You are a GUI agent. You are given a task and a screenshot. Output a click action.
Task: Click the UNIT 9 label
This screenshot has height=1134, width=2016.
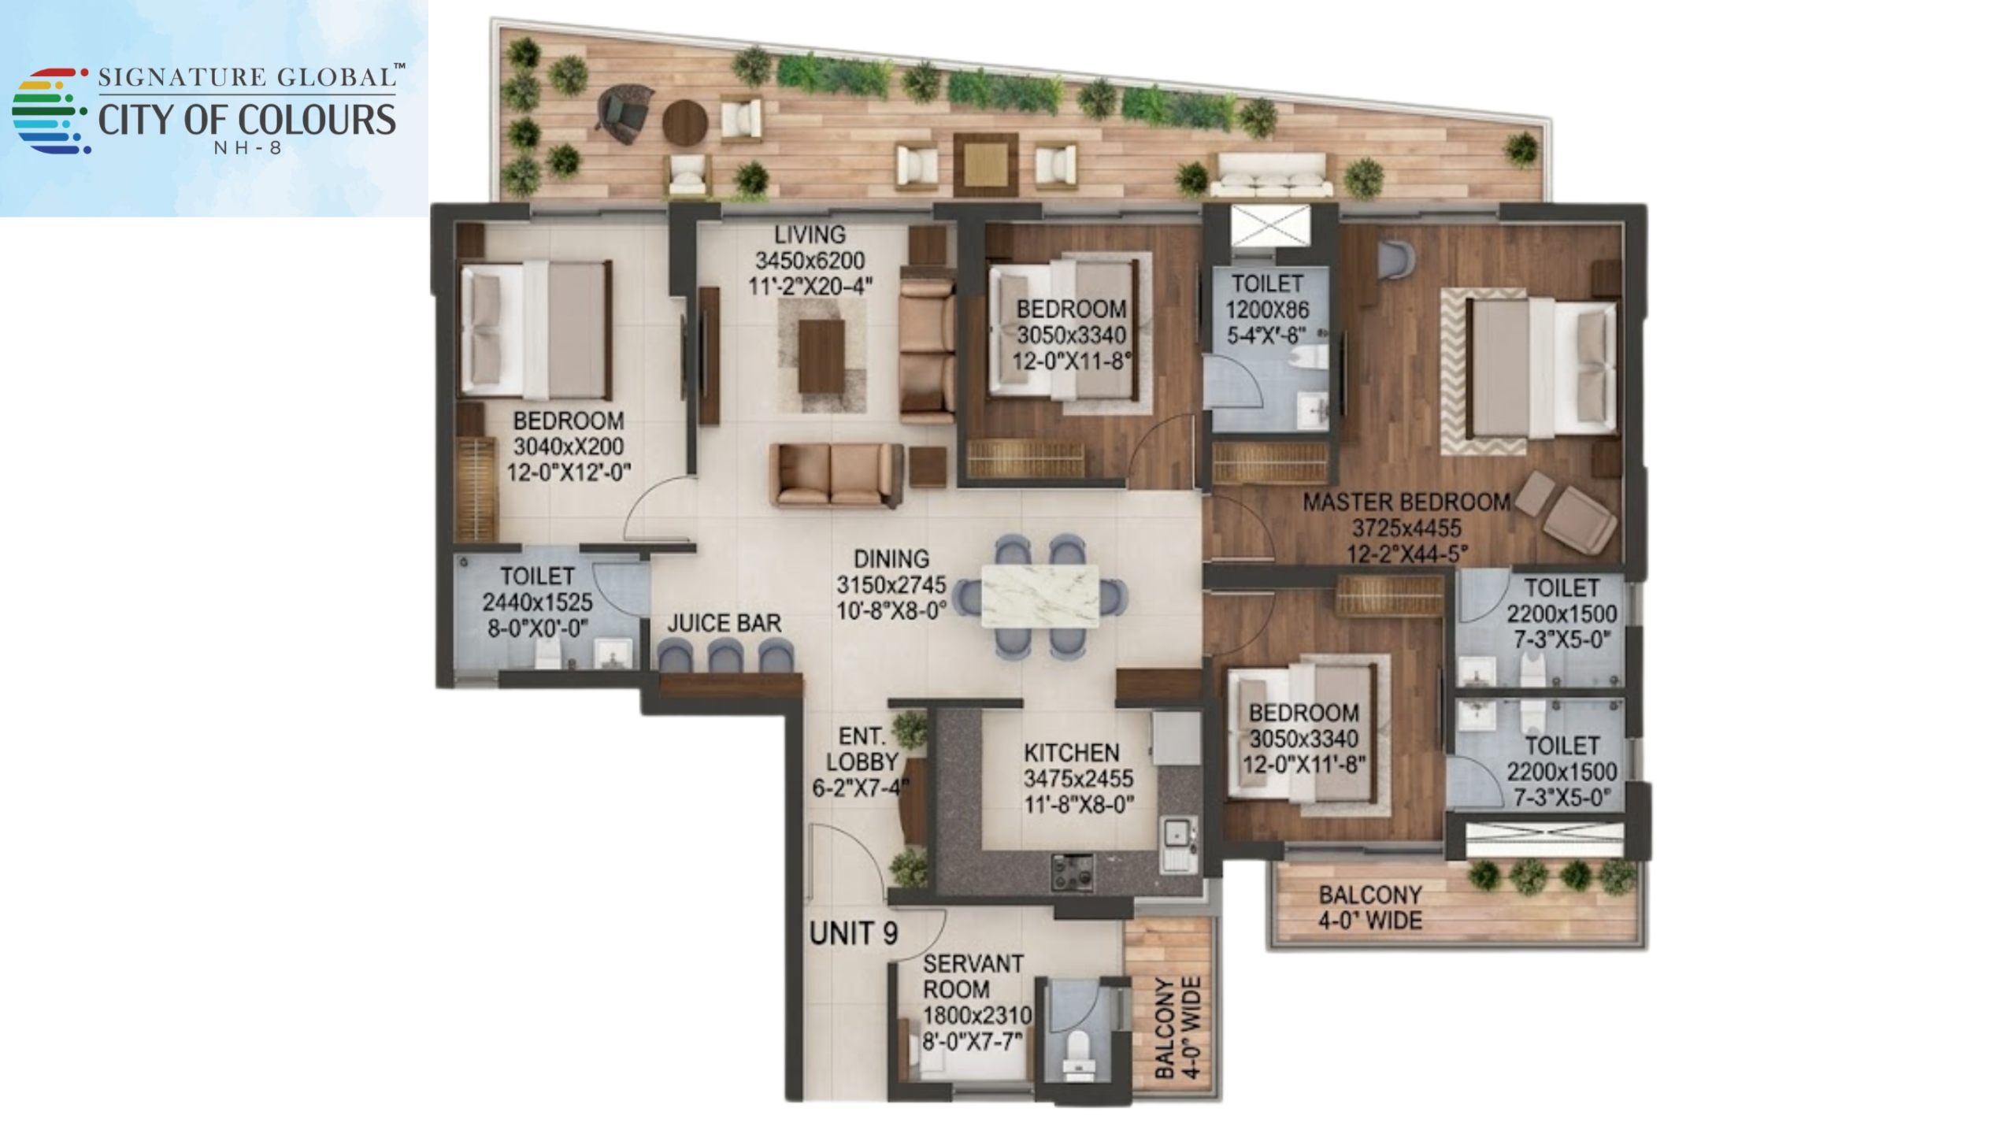tap(853, 933)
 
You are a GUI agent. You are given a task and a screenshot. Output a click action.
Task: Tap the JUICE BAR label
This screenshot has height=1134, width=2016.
tap(724, 623)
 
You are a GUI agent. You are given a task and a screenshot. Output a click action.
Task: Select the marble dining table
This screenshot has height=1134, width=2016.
tap(1039, 596)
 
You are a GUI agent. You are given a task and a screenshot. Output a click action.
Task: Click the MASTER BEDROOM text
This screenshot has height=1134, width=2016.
tap(1406, 502)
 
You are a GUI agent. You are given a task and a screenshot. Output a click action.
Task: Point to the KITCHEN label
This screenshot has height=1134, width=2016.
tap(1071, 752)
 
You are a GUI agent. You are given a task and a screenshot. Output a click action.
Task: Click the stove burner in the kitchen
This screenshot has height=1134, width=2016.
tap(1073, 872)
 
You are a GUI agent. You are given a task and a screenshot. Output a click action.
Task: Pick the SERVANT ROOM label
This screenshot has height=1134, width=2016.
tap(962, 976)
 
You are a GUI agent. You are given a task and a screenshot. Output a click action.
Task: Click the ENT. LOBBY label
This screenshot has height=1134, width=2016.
tap(862, 749)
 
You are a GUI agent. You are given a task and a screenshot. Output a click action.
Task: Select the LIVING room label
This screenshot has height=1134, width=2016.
tap(810, 235)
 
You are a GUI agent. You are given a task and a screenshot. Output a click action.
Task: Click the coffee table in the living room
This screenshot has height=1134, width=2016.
tap(821, 356)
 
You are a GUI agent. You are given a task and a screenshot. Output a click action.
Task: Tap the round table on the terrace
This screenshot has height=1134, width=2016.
tap(685, 121)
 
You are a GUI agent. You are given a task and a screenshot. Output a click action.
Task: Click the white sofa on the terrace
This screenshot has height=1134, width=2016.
tap(1271, 175)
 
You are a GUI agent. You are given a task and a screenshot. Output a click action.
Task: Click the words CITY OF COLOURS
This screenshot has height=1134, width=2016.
tap(246, 120)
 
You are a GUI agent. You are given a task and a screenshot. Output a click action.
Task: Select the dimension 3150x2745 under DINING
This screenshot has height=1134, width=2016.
tap(891, 585)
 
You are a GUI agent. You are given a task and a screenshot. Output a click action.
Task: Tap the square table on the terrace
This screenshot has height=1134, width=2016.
tap(985, 164)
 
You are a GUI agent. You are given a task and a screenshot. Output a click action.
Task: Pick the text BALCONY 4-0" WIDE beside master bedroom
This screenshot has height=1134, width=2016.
tap(1370, 907)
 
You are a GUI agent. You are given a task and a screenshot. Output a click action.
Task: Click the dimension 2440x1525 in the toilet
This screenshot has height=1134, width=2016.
tap(537, 602)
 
